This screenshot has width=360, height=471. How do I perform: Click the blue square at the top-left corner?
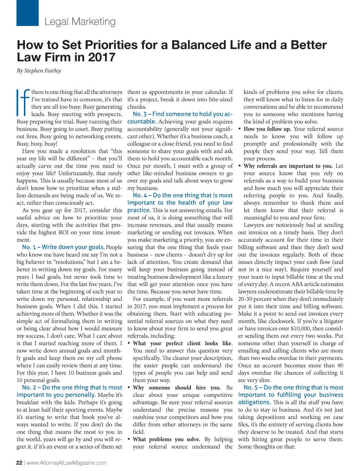(27, 13)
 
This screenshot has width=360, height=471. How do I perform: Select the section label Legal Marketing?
(80, 22)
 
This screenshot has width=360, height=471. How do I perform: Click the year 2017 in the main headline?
(102, 57)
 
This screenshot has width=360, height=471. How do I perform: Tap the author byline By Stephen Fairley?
(39, 71)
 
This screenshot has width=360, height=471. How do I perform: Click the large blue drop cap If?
(22, 103)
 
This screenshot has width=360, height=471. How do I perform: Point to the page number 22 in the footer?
(19, 463)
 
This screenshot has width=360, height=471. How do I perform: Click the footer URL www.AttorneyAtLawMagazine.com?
(66, 463)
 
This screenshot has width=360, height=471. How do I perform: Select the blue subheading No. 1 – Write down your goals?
(63, 247)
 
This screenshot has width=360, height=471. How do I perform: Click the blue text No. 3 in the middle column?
(140, 114)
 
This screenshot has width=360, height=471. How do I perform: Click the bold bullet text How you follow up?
(267, 129)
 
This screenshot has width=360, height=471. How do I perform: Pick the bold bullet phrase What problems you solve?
(166, 439)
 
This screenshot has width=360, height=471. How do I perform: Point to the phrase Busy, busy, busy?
(37, 144)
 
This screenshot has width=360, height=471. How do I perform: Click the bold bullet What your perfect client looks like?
(182, 343)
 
